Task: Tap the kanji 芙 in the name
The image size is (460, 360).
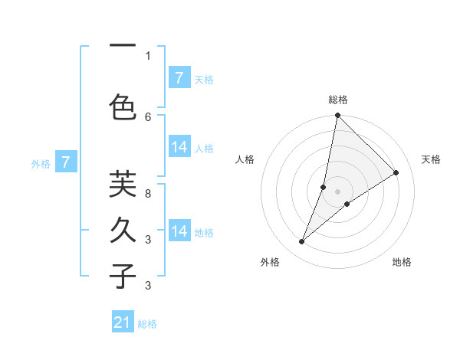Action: [123, 185]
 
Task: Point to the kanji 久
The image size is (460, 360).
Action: [123, 230]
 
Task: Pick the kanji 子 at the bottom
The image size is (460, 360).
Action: [123, 276]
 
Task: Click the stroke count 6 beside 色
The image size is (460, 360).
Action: [148, 116]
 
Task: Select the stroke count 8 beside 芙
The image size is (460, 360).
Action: [148, 193]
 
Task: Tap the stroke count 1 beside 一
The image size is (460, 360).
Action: [148, 55]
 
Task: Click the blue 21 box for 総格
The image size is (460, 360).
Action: [123, 322]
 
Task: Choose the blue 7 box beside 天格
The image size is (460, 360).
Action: [179, 77]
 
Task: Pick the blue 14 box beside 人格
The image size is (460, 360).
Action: [179, 147]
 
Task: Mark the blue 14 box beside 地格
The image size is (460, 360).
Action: [179, 231]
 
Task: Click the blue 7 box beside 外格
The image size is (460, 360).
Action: [67, 162]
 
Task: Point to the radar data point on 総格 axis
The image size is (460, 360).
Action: [337, 116]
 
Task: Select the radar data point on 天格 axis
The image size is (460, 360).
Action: [396, 173]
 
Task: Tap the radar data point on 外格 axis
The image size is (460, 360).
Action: [302, 242]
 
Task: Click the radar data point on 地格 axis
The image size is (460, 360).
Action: [347, 204]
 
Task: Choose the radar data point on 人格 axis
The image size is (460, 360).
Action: [324, 187]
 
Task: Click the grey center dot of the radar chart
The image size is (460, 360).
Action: [337, 191]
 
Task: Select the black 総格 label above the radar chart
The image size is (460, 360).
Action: [337, 100]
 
